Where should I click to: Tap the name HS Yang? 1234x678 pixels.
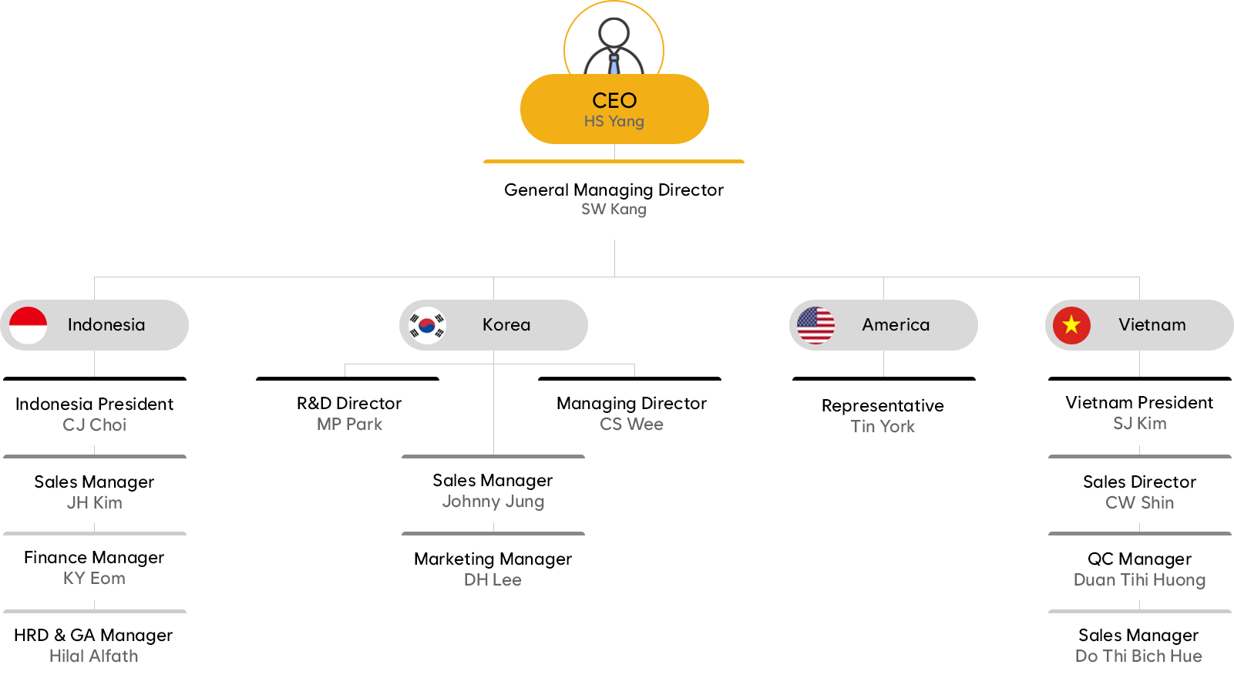tap(614, 122)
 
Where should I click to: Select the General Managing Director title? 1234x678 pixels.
tap(614, 190)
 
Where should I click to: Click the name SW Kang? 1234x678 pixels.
tap(614, 210)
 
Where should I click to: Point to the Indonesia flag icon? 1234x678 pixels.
tap(29, 325)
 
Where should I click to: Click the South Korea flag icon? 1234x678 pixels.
tap(427, 325)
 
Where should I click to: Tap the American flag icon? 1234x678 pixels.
tap(815, 325)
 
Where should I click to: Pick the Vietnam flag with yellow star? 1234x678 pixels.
tap(1071, 325)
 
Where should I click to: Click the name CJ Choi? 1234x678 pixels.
tap(95, 425)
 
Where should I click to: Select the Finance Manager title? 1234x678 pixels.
tap(94, 557)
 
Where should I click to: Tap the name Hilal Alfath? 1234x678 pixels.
tap(94, 656)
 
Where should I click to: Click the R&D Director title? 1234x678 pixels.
tap(349, 403)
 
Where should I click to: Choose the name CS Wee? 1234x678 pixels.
tap(631, 425)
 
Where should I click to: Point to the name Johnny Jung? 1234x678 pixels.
tap(493, 502)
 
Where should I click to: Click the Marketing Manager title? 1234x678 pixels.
tap(493, 559)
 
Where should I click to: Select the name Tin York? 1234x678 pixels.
tap(883, 427)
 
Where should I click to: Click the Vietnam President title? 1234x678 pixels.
tap(1139, 402)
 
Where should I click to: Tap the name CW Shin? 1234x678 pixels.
tap(1139, 503)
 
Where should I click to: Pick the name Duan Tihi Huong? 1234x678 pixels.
tap(1139, 580)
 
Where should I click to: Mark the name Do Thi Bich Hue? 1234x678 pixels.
tap(1138, 656)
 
